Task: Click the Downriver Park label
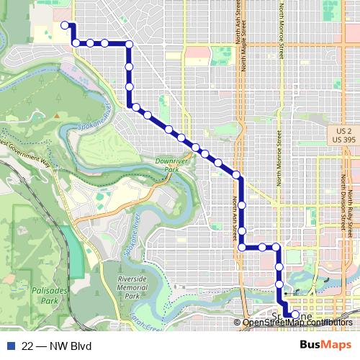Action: point(166,166)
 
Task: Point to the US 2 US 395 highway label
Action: point(347,134)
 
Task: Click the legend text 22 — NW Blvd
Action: point(57,346)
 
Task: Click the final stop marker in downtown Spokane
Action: point(294,315)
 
